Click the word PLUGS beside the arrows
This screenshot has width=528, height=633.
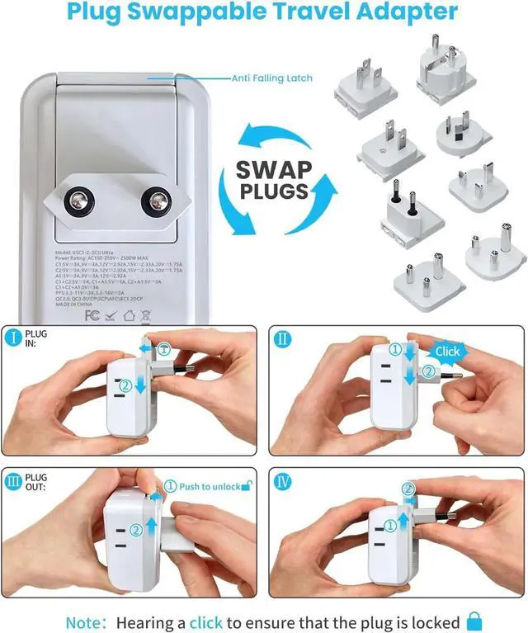[x=274, y=193]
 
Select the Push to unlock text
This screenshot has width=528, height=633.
[x=209, y=486]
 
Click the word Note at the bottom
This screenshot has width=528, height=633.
[x=84, y=621]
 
